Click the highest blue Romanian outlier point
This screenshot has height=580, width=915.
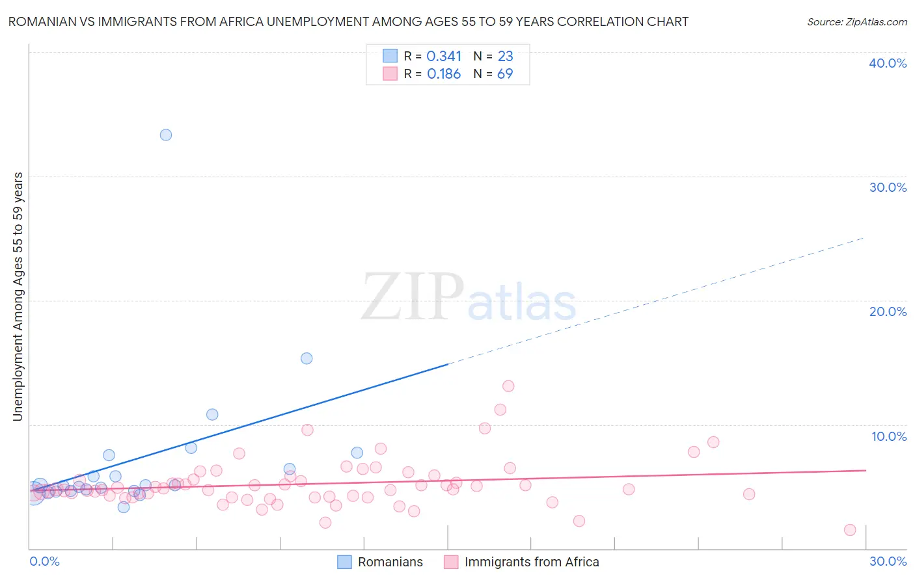pyautogui.click(x=166, y=135)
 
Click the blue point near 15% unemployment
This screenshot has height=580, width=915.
pyautogui.click(x=307, y=358)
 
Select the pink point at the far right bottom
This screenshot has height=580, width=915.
pyautogui.click(x=850, y=530)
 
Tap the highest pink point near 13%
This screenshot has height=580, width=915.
pyautogui.click(x=508, y=386)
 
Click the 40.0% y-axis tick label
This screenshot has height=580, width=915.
pyautogui.click(x=888, y=63)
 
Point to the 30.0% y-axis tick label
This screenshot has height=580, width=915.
pyautogui.click(x=888, y=187)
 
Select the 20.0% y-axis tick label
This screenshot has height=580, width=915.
pyautogui.click(x=888, y=311)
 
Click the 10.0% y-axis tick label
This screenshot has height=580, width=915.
pyautogui.click(x=889, y=436)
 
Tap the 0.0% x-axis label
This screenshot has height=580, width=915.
pyautogui.click(x=44, y=561)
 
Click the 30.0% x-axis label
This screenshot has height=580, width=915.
pyautogui.click(x=888, y=561)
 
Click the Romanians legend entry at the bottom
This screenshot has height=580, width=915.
pyautogui.click(x=390, y=562)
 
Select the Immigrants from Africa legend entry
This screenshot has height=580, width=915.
pyautogui.click(x=531, y=562)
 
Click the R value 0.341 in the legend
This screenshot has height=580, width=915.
pyautogui.click(x=444, y=57)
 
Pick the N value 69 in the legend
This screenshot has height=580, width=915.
pyautogui.click(x=505, y=74)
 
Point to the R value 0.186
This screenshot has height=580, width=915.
pyautogui.click(x=444, y=74)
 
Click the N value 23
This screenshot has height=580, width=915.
pyautogui.click(x=505, y=57)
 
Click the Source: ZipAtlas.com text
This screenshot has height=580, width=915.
pyautogui.click(x=856, y=21)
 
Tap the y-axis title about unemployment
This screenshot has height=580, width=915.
pyautogui.click(x=18, y=297)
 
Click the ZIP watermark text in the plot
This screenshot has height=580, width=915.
pyautogui.click(x=413, y=297)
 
